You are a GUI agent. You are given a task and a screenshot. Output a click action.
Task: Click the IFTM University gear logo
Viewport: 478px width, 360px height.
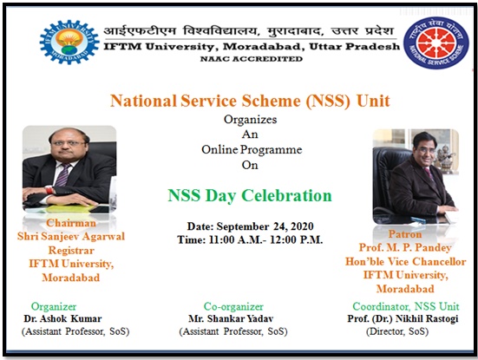[69, 42]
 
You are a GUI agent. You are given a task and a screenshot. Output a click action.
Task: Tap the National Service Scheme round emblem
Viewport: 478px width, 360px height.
[436, 43]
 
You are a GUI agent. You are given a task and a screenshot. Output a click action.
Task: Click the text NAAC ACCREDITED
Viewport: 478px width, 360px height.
[252, 59]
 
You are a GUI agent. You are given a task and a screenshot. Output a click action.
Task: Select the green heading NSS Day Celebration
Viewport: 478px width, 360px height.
[250, 196]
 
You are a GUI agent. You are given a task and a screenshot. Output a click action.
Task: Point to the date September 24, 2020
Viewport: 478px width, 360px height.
[265, 226]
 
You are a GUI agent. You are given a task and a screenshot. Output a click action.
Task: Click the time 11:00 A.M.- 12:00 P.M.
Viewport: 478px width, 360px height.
[265, 239]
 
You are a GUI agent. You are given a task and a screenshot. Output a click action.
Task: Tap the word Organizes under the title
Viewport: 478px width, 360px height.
[251, 120]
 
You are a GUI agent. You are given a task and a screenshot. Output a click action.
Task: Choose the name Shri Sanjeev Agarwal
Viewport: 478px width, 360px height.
[71, 236]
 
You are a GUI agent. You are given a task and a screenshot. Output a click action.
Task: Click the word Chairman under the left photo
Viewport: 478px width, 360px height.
[71, 223]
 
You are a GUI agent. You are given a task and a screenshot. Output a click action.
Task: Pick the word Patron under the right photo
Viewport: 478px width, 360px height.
[405, 234]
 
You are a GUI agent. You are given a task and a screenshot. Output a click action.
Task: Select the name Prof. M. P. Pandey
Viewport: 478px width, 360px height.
[405, 247]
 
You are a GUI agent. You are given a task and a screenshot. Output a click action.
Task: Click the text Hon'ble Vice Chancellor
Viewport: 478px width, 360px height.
[405, 261]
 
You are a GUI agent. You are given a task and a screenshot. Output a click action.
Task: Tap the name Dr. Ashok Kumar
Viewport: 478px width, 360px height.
[62, 319]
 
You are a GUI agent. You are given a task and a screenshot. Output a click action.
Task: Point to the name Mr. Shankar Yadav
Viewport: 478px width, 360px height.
[231, 319]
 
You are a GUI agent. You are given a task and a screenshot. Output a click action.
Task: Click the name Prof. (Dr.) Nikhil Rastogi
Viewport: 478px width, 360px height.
[403, 319]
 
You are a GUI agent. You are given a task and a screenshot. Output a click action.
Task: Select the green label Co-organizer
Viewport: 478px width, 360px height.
[233, 307]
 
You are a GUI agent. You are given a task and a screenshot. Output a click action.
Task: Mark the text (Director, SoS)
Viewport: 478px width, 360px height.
[397, 331]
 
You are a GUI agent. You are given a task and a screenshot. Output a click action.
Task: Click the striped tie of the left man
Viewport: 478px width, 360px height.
[62, 174]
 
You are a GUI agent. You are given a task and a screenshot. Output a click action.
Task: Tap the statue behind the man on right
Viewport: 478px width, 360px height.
[444, 158]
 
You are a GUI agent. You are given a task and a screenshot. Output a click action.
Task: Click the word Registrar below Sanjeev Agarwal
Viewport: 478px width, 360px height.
[71, 250]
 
